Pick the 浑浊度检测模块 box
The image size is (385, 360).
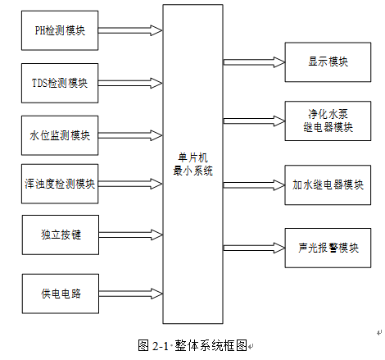[61, 184]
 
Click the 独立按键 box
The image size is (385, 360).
[61, 235]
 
